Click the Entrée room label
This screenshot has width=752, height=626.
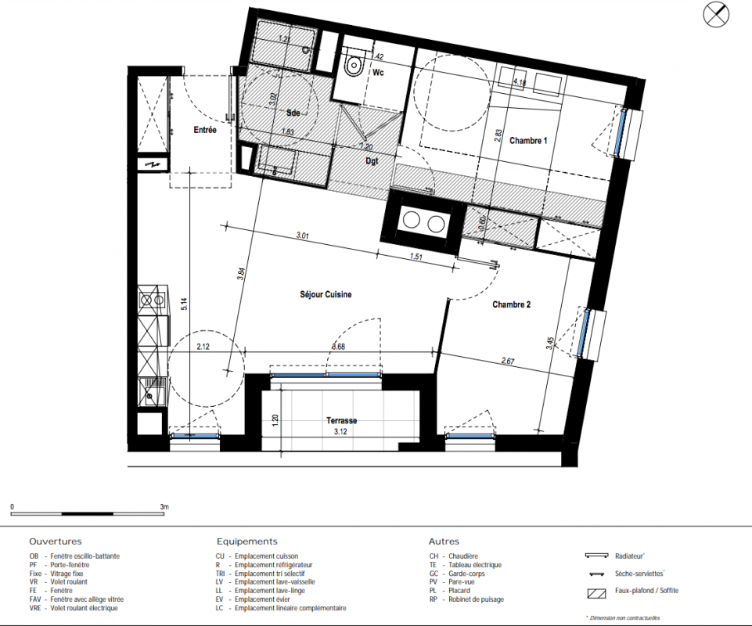pos(205,130)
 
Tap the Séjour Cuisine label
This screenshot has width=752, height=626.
pos(326,294)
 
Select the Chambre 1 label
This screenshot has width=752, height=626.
pos(528,141)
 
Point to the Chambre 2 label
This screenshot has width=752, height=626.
pos(511,304)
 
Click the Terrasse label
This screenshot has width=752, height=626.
pos(341,421)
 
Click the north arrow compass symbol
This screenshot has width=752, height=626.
pos(716,14)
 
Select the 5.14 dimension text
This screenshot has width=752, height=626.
pos(185,304)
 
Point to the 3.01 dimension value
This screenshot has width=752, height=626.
pos(302,236)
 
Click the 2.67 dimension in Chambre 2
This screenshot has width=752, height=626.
pos(508,361)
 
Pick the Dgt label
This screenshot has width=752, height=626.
pos(372,161)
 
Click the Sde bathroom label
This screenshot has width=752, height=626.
pos(293,113)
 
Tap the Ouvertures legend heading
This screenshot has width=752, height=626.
pos(55,541)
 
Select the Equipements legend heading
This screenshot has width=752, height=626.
pos(247,541)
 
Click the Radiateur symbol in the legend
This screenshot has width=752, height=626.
pos(596,556)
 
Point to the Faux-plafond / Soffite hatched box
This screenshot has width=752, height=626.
pos(596,593)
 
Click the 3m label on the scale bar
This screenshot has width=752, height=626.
pos(164,506)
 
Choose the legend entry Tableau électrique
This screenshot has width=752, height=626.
pos(475,565)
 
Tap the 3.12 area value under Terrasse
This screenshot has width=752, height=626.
pos(340,432)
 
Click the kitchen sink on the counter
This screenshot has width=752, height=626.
pos(153,392)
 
